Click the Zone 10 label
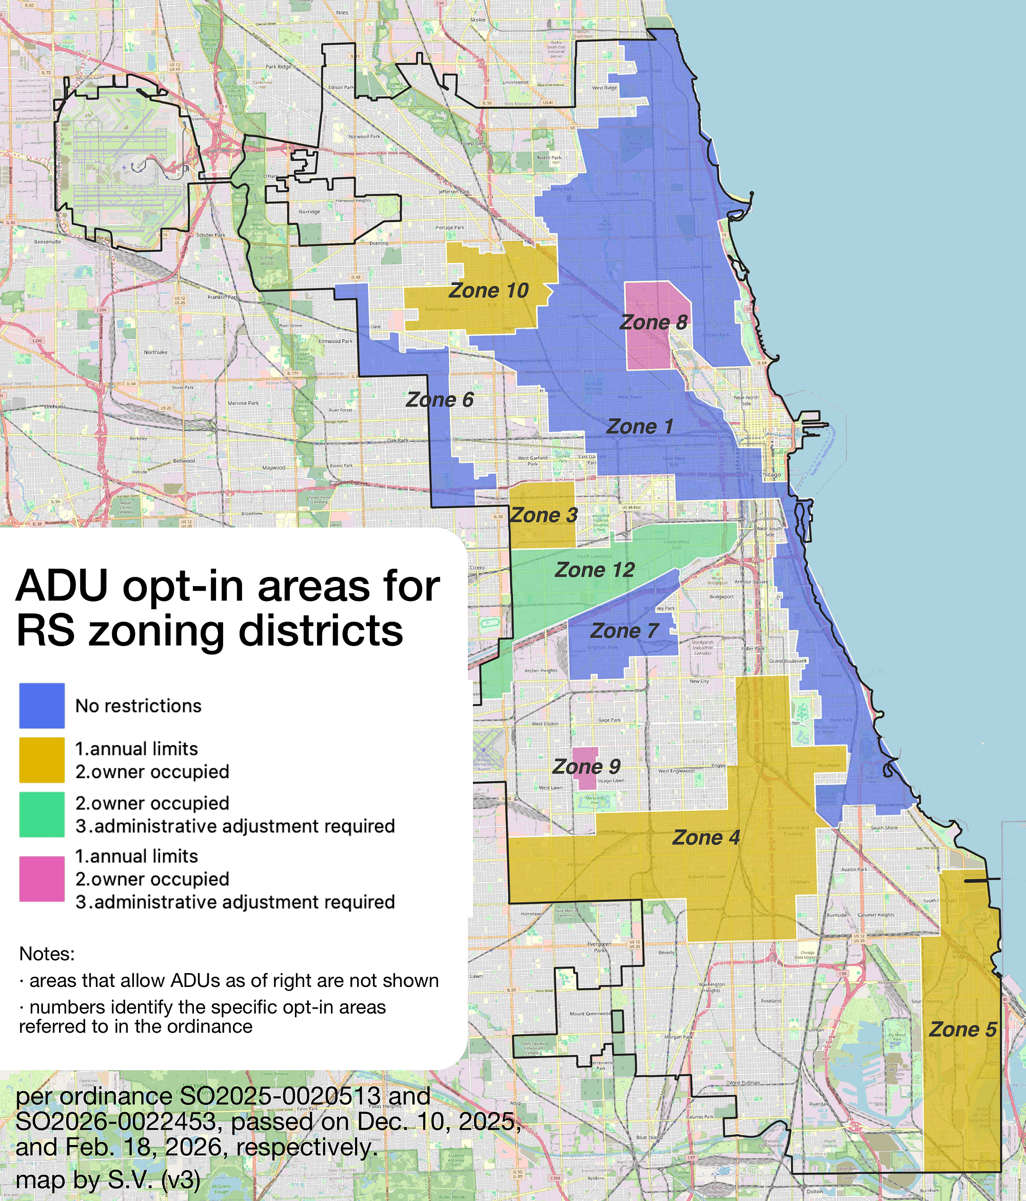click(488, 290)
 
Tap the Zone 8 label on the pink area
click(653, 322)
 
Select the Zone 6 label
click(439, 400)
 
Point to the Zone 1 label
click(639, 427)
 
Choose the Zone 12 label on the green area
click(595, 570)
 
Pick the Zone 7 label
click(624, 631)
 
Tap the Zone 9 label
click(586, 767)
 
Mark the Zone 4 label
click(705, 838)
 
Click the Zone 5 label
click(962, 1030)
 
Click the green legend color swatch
click(42, 815)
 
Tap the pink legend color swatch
click(42, 879)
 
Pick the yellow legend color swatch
click(42, 760)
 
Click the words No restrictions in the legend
click(139, 706)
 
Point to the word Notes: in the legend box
click(47, 954)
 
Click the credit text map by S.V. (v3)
click(108, 1180)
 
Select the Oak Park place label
click(398, 440)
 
